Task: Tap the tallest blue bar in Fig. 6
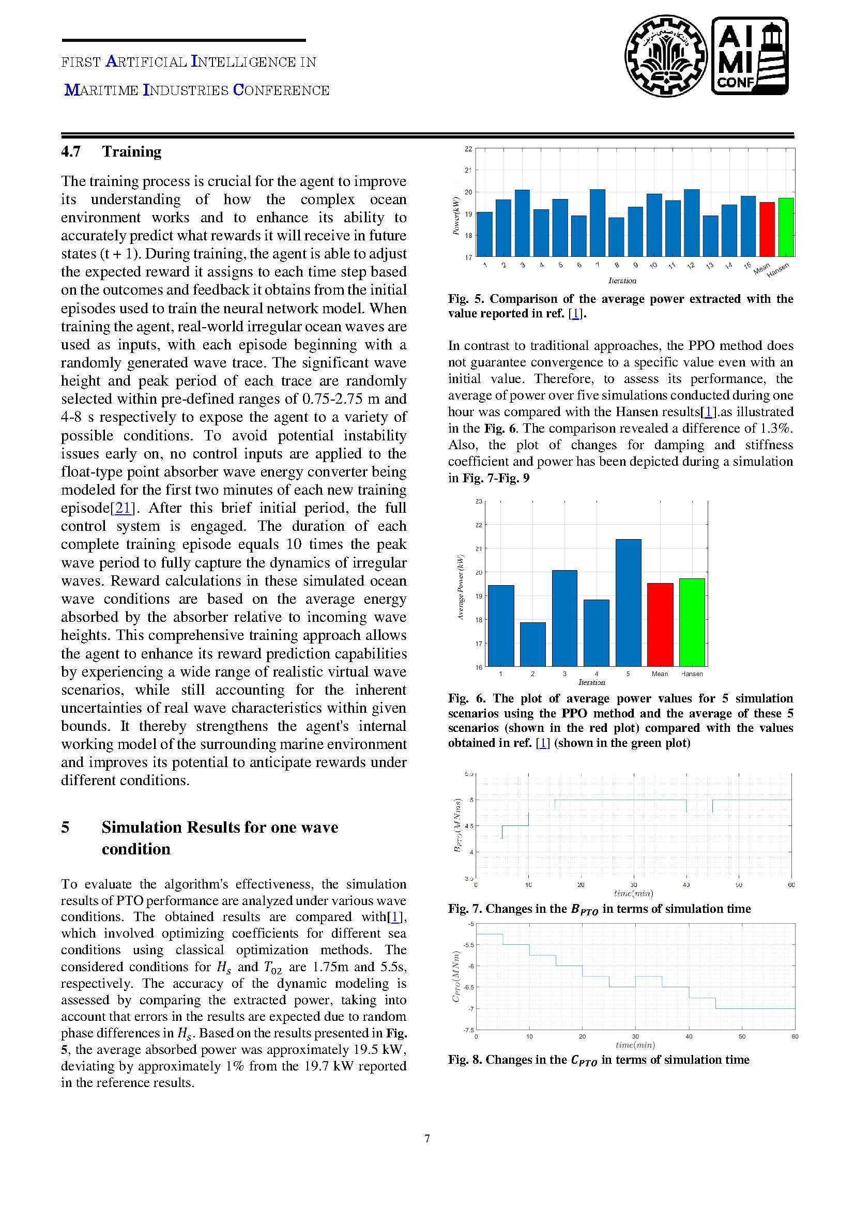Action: tap(628, 603)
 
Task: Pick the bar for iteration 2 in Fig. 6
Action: tap(532, 645)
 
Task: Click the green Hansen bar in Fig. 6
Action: tap(692, 622)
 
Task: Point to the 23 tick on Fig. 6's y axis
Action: tap(479, 501)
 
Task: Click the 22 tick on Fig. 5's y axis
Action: tap(468, 149)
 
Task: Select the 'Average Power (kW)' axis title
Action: tap(461, 587)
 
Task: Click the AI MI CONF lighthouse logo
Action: tap(750, 56)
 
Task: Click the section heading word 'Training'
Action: tap(132, 151)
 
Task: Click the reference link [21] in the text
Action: tap(123, 508)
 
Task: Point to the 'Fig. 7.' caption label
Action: tap(465, 908)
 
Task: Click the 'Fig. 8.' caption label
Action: tap(465, 1060)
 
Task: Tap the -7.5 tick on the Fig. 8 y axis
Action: tap(467, 1030)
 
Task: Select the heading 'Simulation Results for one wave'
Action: tap(220, 827)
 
